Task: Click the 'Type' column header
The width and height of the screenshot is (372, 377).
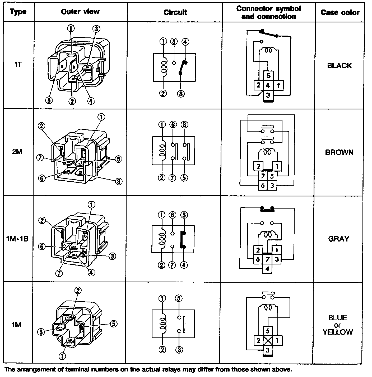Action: tap(18, 12)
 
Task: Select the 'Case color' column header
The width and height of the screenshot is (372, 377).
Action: tap(340, 13)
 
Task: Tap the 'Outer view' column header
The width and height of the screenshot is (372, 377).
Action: tap(80, 12)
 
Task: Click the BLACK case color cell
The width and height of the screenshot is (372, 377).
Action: tap(340, 66)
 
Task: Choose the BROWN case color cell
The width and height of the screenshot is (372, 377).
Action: tap(339, 152)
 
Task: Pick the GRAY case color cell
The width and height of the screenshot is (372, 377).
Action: tap(339, 239)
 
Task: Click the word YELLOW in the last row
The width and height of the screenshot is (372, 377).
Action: tap(338, 332)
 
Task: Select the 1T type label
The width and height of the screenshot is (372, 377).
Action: tap(18, 65)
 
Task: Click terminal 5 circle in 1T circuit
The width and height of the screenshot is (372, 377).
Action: tap(174, 42)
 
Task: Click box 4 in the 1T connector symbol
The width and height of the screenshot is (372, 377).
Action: tap(268, 85)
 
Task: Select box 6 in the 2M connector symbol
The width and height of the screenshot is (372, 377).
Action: tap(263, 186)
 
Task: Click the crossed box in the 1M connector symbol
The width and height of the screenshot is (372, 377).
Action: tap(268, 340)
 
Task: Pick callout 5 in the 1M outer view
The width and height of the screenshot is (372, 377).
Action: tap(113, 324)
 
